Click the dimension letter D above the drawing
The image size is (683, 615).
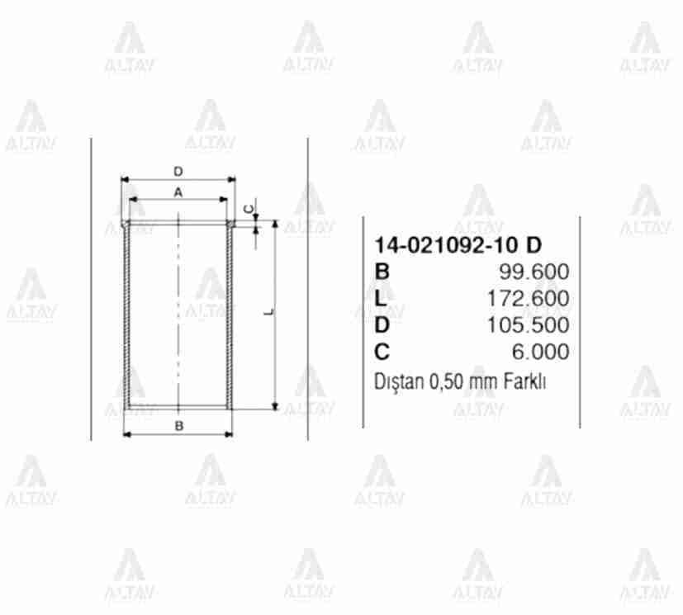178,172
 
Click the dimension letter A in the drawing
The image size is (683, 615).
178,192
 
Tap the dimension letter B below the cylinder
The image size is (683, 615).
178,426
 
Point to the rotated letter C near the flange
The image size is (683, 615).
249,210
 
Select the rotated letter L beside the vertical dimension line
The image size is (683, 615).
270,312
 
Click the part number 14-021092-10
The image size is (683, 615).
447,245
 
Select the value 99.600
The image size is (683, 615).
534,272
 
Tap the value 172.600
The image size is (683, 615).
528,299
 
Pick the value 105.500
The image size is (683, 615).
528,325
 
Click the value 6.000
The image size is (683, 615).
541,352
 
